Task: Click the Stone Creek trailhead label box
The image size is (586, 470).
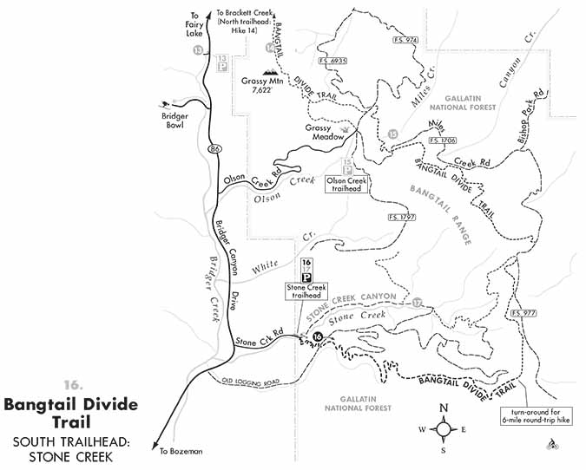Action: click(305, 290)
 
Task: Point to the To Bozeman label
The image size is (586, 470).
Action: click(181, 451)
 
